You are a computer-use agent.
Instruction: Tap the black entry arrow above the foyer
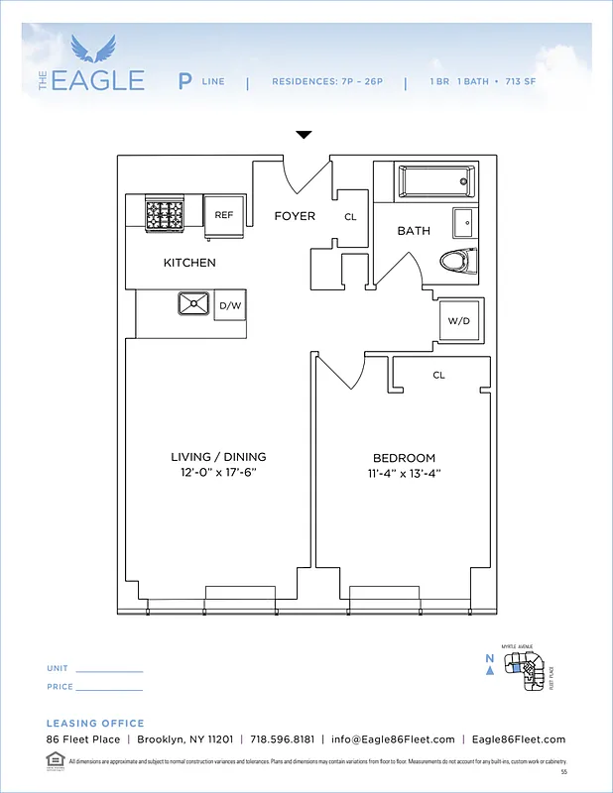click(x=305, y=135)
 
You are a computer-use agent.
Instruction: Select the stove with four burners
click(x=165, y=214)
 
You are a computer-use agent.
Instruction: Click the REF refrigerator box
click(x=224, y=214)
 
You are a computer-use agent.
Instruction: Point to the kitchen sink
click(x=192, y=305)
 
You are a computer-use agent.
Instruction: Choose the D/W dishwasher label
click(x=230, y=306)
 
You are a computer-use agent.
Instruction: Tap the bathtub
click(x=435, y=181)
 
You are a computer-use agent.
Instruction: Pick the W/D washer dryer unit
click(x=459, y=321)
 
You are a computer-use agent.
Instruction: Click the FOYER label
click(x=295, y=216)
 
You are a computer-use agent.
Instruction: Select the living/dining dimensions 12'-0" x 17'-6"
click(x=218, y=473)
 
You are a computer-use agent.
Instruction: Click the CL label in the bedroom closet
click(x=438, y=376)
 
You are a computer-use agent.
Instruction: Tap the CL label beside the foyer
click(x=350, y=217)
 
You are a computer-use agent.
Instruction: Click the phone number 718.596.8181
click(x=282, y=739)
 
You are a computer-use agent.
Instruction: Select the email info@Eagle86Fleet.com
click(x=393, y=739)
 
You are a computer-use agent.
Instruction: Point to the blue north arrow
click(x=490, y=671)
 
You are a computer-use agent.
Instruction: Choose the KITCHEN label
click(x=189, y=263)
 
